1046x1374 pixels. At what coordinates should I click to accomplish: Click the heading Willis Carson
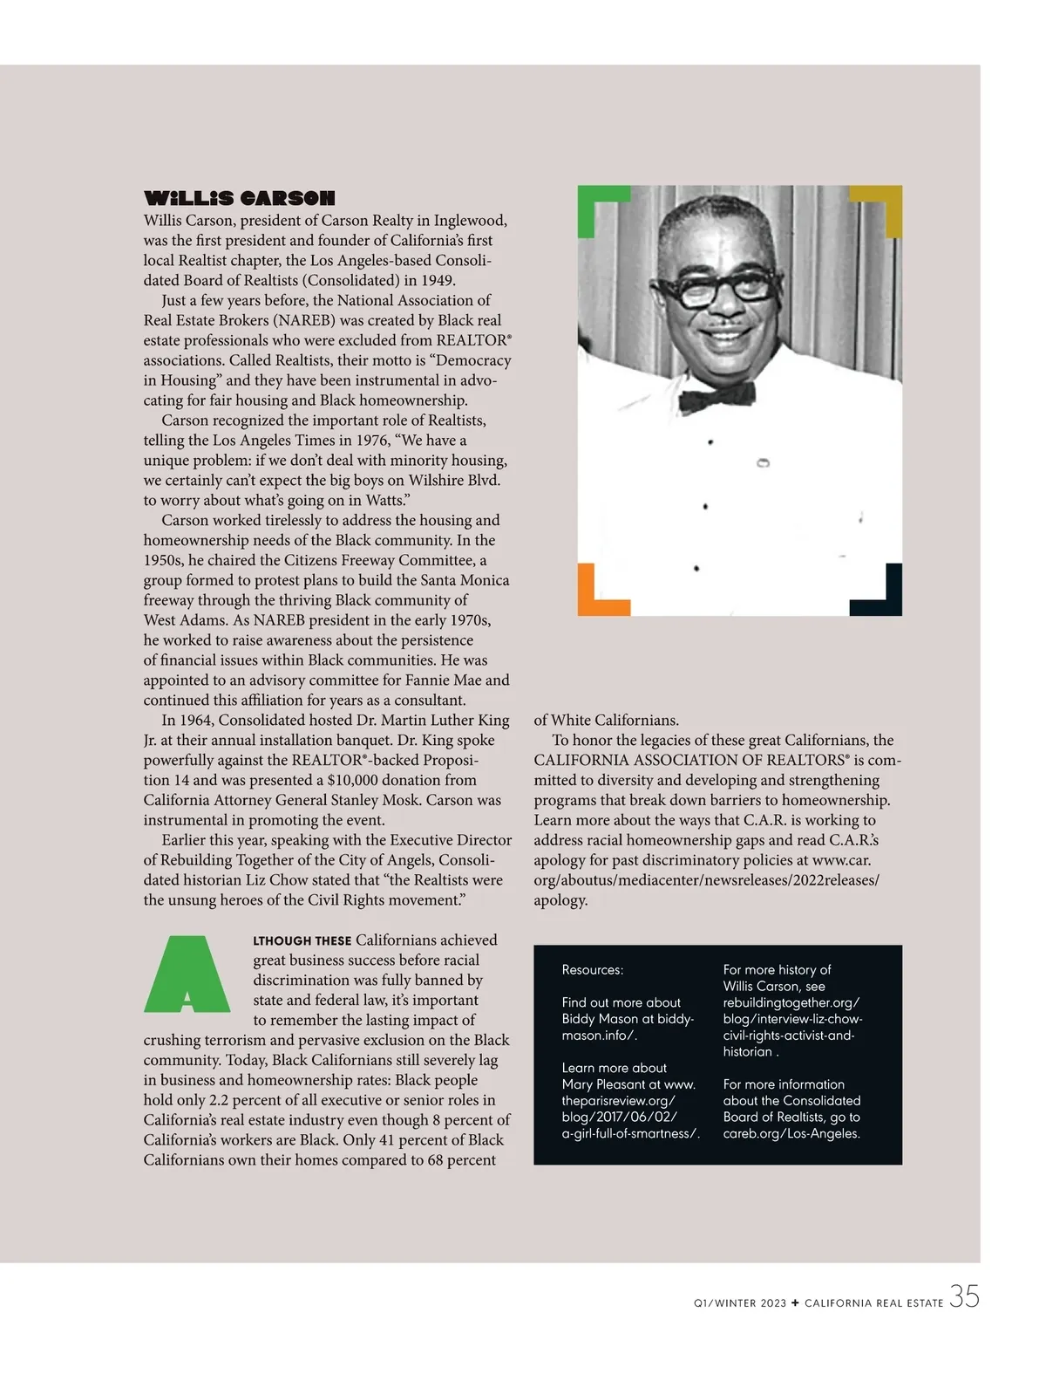click(x=239, y=199)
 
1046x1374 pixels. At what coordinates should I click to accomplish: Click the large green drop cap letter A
click(x=187, y=974)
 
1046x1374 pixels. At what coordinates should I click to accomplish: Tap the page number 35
click(x=964, y=1297)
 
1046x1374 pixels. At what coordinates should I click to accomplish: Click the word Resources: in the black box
click(x=593, y=970)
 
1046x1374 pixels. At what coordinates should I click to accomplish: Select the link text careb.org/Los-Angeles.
click(x=791, y=1133)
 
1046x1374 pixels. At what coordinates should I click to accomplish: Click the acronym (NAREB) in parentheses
click(x=303, y=320)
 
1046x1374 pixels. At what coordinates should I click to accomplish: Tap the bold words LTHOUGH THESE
click(x=302, y=940)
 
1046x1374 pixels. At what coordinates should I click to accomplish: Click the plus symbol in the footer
click(x=795, y=1303)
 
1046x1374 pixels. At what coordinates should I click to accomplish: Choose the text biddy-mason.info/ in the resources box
click(x=628, y=1027)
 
